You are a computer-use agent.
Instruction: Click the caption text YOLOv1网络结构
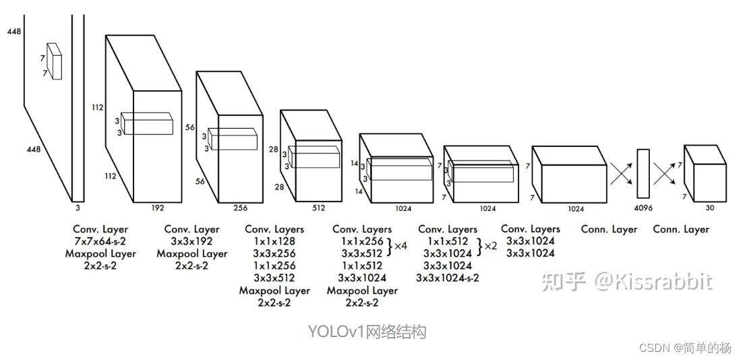[x=367, y=332]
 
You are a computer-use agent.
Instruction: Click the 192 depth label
[x=157, y=208]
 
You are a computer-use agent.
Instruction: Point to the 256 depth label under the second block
[x=240, y=208]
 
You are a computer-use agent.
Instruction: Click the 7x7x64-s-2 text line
[x=100, y=241]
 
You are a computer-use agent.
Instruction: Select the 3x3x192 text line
[x=192, y=241]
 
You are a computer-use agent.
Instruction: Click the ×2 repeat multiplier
[x=490, y=246]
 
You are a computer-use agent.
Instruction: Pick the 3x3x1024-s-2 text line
[x=448, y=278]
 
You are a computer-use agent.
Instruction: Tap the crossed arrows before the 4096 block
[x=621, y=172]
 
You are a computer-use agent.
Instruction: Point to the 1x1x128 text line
[x=274, y=241]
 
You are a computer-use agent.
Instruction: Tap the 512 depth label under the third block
[x=318, y=208]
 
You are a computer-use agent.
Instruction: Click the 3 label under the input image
[x=78, y=208]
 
